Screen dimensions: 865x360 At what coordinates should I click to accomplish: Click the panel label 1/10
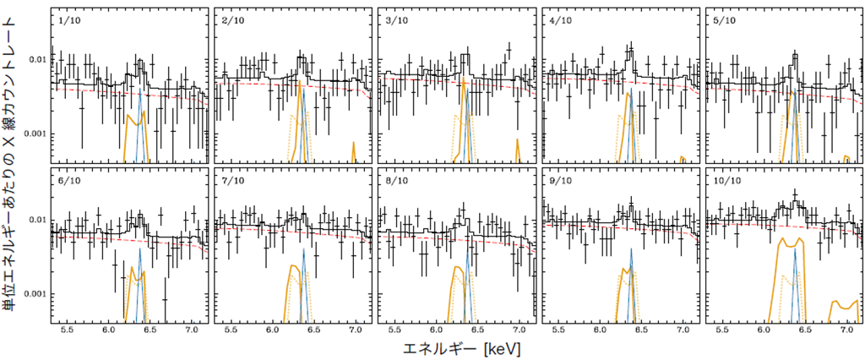tap(68, 20)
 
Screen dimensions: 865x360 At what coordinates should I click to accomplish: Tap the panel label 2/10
tap(231, 20)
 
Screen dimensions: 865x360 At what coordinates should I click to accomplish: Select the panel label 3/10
tap(395, 20)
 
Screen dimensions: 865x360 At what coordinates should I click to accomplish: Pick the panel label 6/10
tap(68, 181)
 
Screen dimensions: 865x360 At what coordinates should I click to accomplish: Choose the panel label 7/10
tap(231, 181)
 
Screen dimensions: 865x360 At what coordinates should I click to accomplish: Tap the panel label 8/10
tap(395, 181)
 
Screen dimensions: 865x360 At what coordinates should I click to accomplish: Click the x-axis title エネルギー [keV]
tap(462, 349)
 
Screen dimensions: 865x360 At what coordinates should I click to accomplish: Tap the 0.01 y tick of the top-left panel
tap(41, 60)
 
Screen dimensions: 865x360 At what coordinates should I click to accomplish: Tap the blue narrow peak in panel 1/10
tap(140, 125)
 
